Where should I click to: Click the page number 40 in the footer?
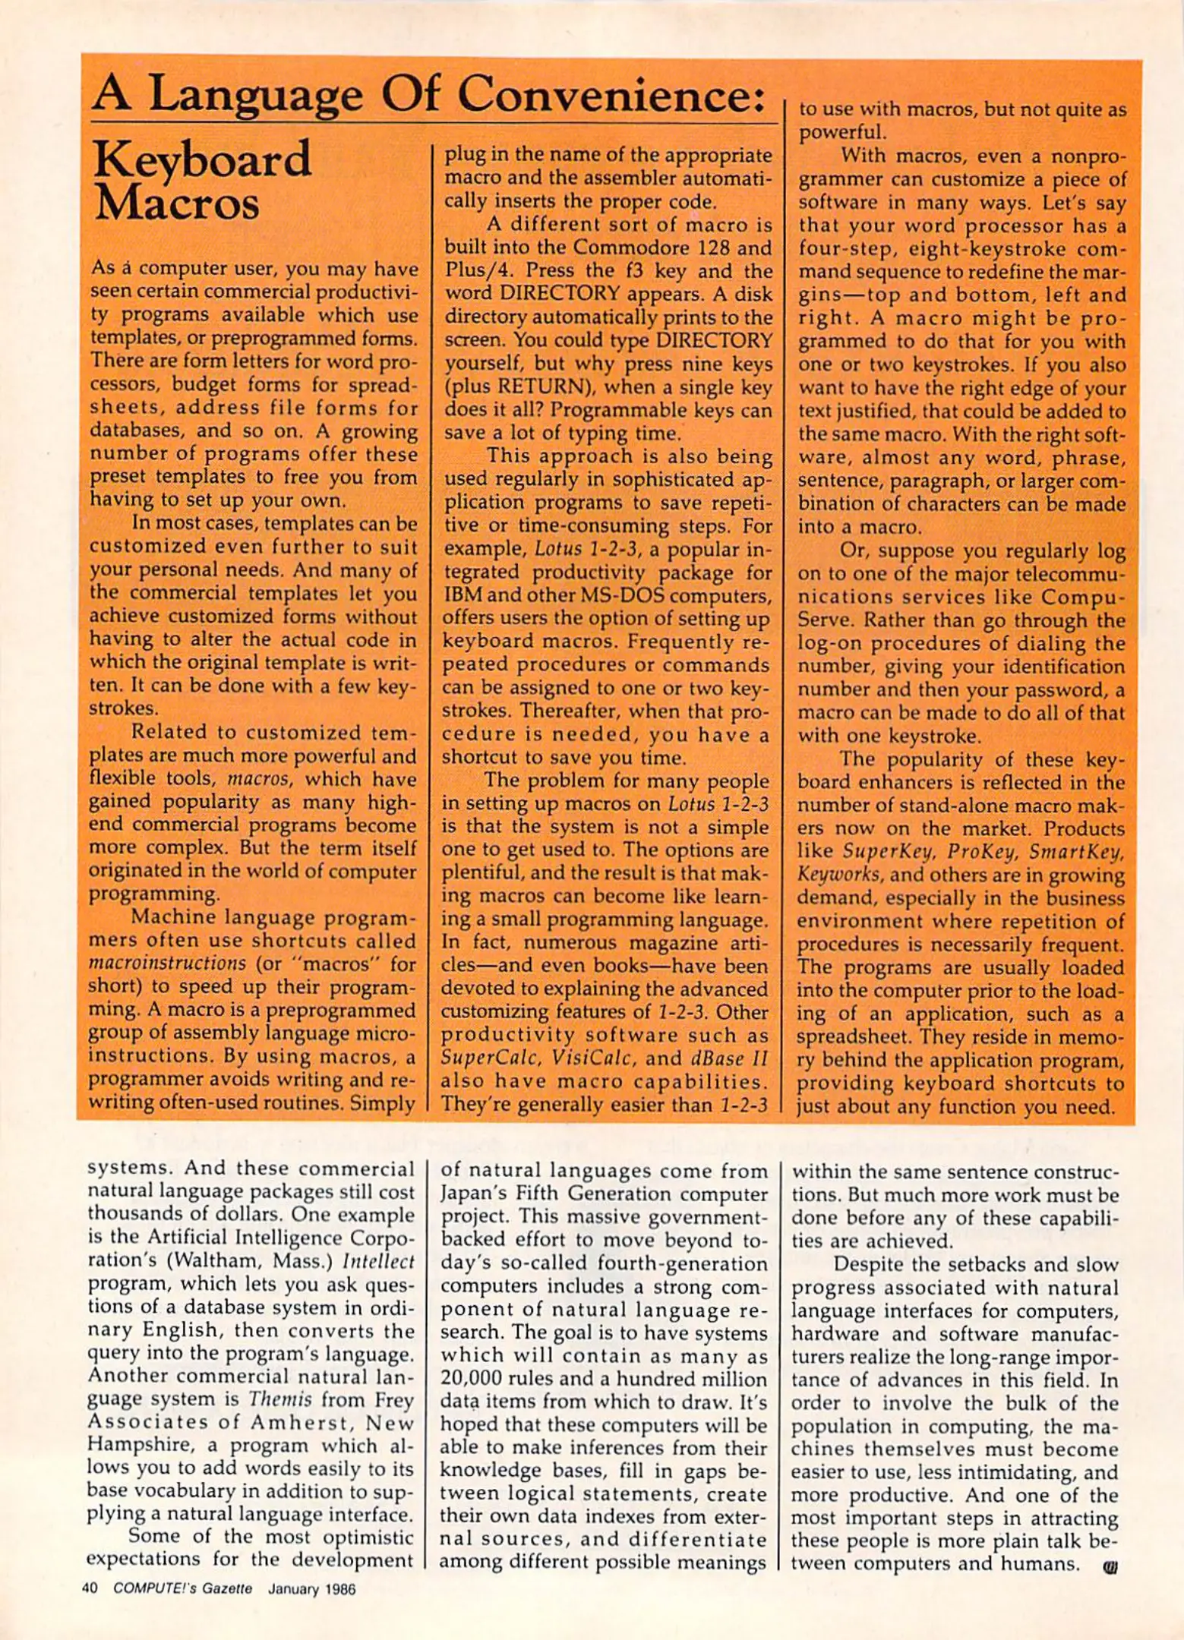[x=90, y=1589]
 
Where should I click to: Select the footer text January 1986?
[x=311, y=1589]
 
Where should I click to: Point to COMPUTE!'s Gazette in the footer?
[x=182, y=1589]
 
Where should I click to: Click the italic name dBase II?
[x=729, y=1058]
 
